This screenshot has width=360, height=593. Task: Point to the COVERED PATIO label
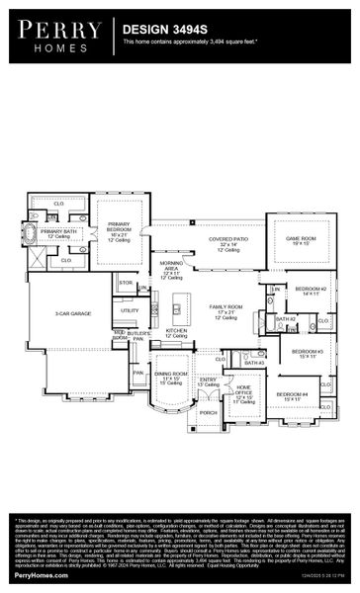(x=227, y=241)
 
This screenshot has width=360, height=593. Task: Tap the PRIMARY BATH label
(x=58, y=232)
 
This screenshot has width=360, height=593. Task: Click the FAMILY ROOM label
(x=226, y=309)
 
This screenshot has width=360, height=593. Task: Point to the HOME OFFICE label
(x=242, y=392)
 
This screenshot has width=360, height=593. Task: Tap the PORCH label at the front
(x=208, y=413)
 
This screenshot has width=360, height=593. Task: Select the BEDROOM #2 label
(x=311, y=290)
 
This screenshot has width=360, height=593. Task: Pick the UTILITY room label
(x=130, y=311)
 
